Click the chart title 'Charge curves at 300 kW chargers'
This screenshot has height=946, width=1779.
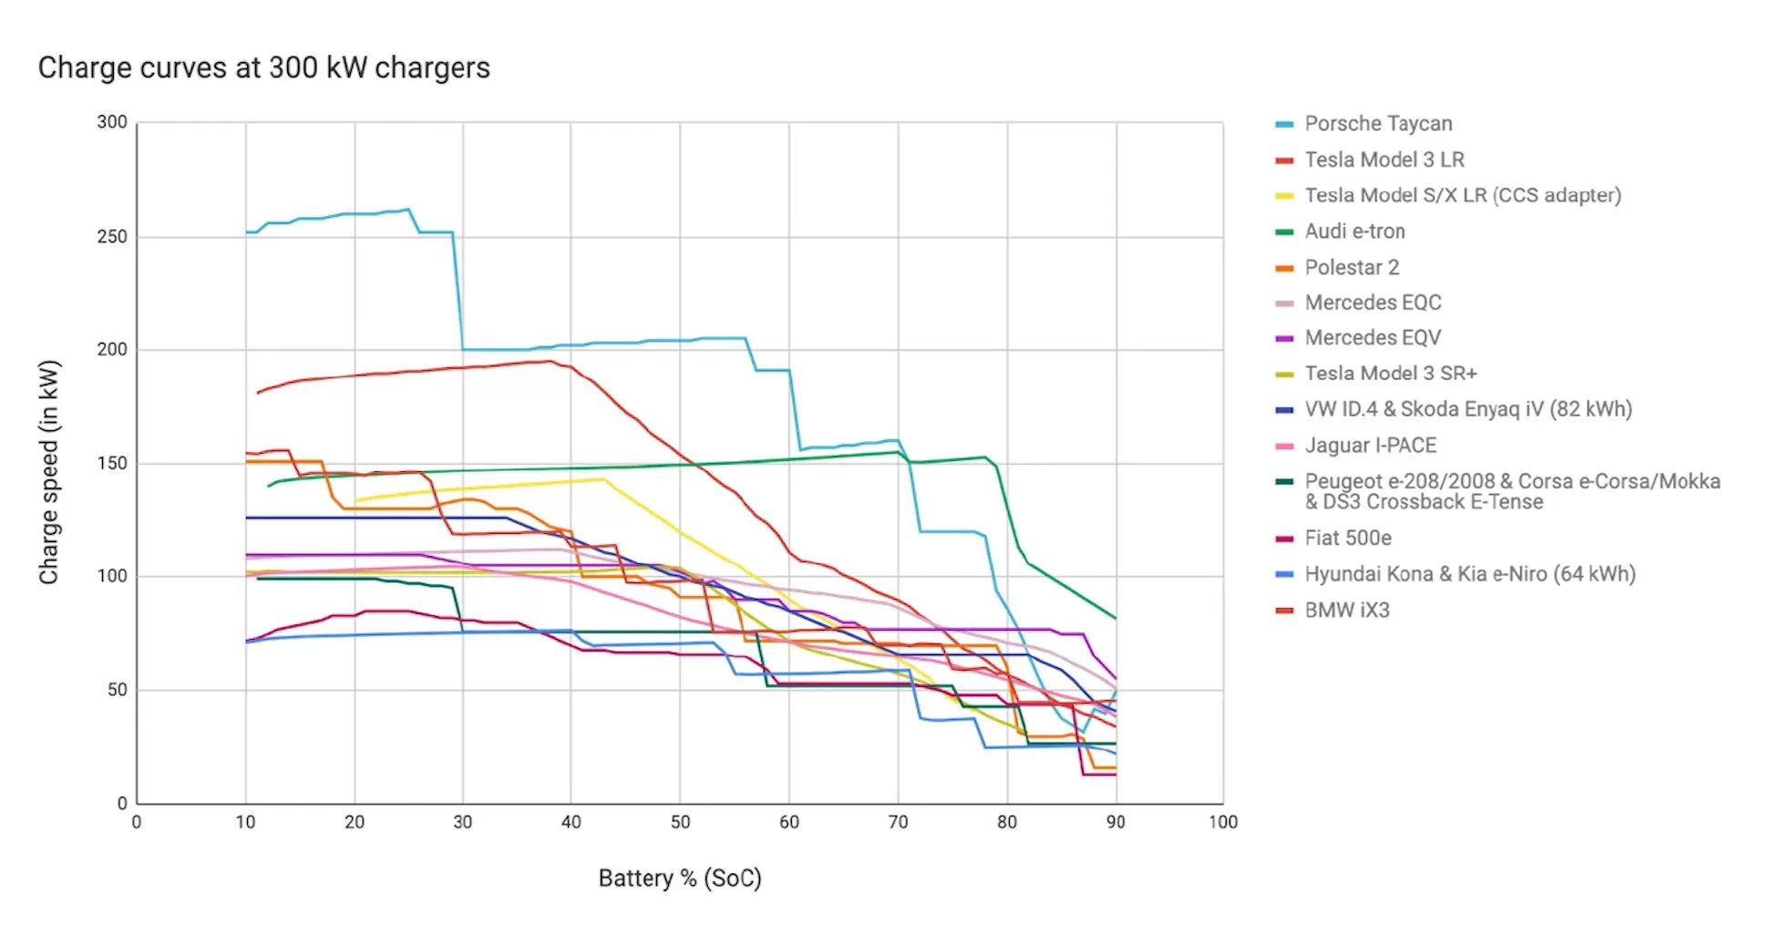pyautogui.click(x=263, y=67)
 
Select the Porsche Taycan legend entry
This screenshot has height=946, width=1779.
pyautogui.click(x=1377, y=124)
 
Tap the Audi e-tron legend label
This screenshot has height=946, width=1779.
pyautogui.click(x=1354, y=231)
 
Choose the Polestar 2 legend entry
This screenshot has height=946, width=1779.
pyautogui.click(x=1351, y=268)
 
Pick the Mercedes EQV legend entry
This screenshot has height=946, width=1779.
pyautogui.click(x=1372, y=338)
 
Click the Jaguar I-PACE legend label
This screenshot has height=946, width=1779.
pyautogui.click(x=1370, y=446)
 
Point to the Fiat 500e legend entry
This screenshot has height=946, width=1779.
pyautogui.click(x=1347, y=539)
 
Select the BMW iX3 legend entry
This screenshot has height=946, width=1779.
pyautogui.click(x=1346, y=611)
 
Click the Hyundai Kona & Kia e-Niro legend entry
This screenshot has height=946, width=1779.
pyautogui.click(x=1469, y=574)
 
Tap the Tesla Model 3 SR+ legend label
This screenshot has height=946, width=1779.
pyautogui.click(x=1390, y=374)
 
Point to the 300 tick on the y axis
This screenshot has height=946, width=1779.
pyautogui.click(x=112, y=122)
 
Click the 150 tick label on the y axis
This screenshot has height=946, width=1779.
pyautogui.click(x=112, y=463)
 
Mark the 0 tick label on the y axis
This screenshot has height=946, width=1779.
pyautogui.click(x=121, y=803)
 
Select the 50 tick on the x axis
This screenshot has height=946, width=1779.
pyautogui.click(x=680, y=822)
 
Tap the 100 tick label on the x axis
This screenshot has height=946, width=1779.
pyautogui.click(x=1222, y=822)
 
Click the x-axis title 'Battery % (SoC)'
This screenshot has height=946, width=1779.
pyautogui.click(x=679, y=878)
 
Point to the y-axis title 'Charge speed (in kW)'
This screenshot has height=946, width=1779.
pyautogui.click(x=48, y=472)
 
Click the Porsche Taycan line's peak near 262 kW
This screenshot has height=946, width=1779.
pyautogui.click(x=408, y=210)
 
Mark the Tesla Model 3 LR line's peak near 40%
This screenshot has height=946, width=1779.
pyautogui.click(x=550, y=361)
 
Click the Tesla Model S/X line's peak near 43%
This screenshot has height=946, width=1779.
pyautogui.click(x=602, y=478)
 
